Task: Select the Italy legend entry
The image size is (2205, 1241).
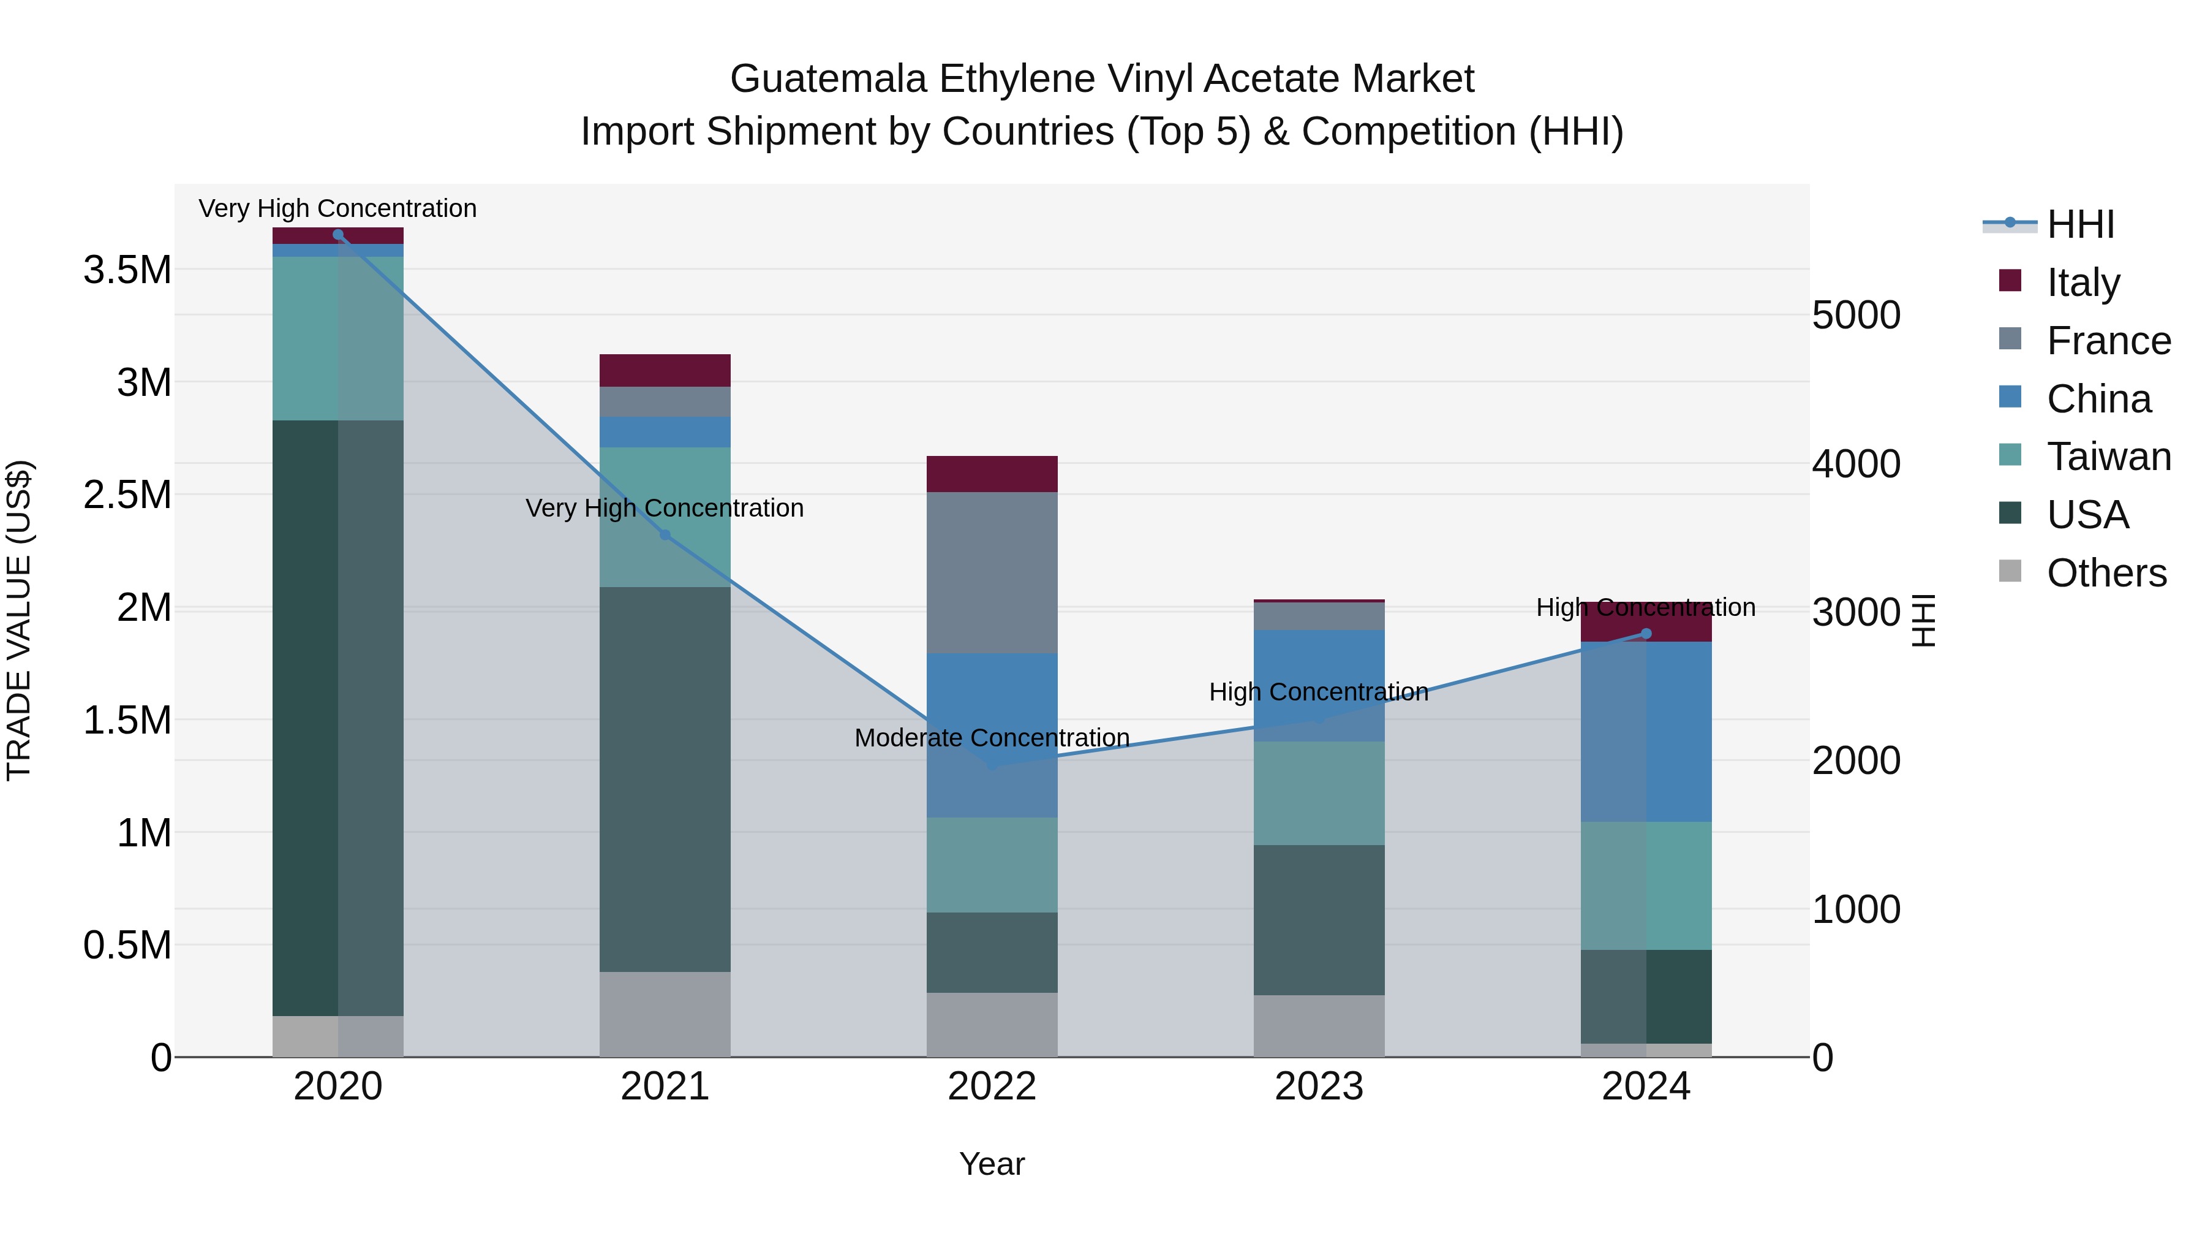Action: [2082, 283]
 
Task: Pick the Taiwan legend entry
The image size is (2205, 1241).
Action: [2108, 457]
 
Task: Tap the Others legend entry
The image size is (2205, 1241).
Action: [2106, 573]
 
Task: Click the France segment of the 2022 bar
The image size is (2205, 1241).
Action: [992, 572]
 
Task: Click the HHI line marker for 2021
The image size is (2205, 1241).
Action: [665, 534]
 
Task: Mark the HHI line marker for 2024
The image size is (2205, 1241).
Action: [1645, 634]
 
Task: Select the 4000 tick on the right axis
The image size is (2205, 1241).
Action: [1856, 464]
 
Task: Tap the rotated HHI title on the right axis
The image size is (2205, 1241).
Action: [1923, 620]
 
